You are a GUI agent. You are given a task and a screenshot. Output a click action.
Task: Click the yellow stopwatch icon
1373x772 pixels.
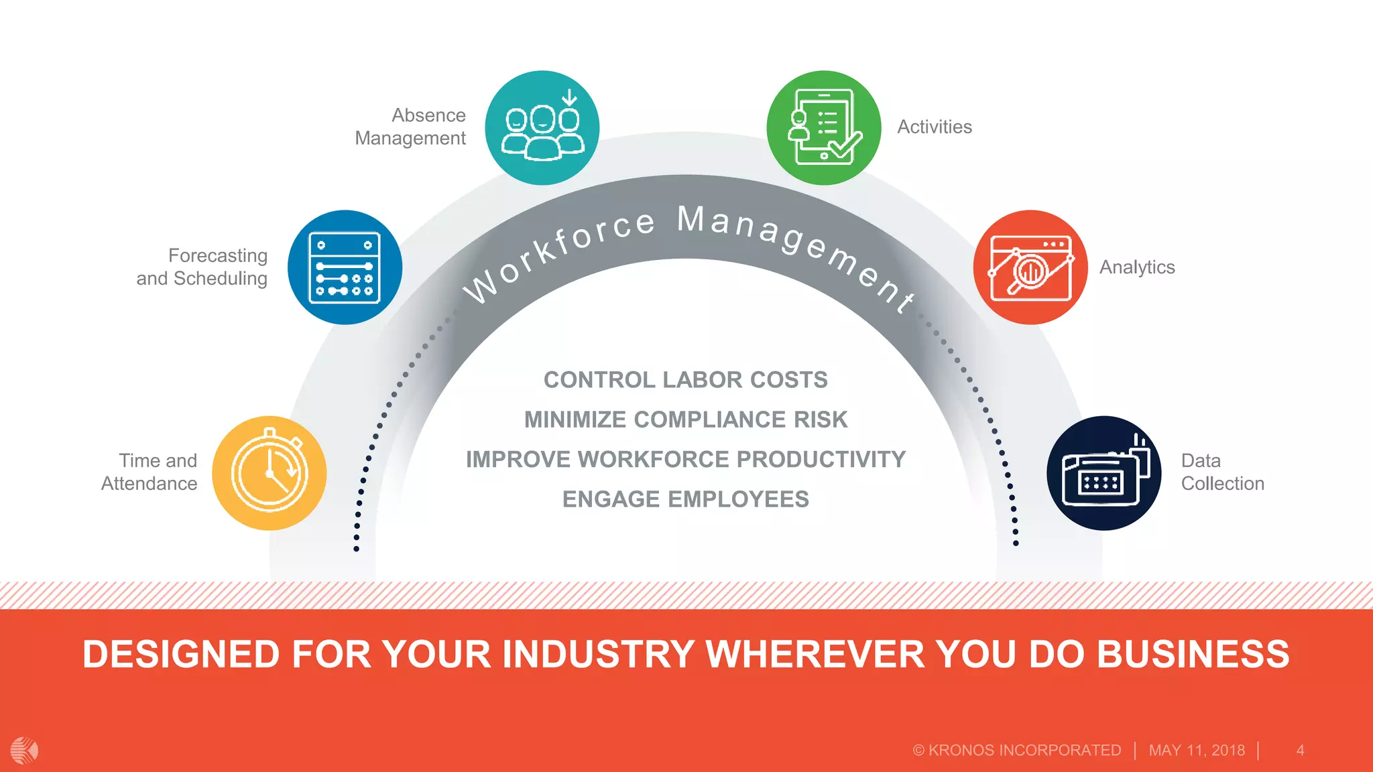click(x=270, y=473)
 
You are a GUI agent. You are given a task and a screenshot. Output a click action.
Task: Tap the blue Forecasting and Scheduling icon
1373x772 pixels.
click(x=345, y=267)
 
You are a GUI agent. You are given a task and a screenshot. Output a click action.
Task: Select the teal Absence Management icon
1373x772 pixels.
click(x=542, y=127)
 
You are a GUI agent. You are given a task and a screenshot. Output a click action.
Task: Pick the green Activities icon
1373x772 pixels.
click(x=824, y=127)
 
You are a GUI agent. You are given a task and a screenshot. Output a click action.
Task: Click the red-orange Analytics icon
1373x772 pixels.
click(x=1030, y=267)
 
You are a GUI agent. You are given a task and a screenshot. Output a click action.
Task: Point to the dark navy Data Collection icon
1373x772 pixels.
click(x=1104, y=473)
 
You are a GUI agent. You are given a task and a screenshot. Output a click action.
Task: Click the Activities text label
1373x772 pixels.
click(x=935, y=127)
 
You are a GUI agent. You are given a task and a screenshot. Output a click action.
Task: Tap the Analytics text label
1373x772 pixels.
click(x=1137, y=267)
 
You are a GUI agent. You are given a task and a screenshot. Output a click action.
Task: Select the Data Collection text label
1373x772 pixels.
click(x=1222, y=472)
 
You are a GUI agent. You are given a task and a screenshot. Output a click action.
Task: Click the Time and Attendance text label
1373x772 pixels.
click(x=150, y=472)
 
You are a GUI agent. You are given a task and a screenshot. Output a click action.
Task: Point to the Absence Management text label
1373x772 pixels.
click(x=410, y=127)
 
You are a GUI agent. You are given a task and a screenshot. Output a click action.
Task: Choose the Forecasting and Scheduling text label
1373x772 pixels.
click(x=202, y=267)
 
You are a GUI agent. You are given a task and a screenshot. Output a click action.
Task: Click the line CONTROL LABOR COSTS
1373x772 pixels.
click(x=685, y=380)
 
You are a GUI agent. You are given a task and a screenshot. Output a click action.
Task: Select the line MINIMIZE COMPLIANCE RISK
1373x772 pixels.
click(x=685, y=420)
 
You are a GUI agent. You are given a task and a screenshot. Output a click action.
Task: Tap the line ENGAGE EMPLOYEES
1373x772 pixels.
click(x=685, y=499)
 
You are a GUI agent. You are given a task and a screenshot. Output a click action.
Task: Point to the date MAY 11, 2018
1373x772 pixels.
click(x=1197, y=751)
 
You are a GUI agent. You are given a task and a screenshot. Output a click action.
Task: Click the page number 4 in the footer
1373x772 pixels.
click(x=1300, y=751)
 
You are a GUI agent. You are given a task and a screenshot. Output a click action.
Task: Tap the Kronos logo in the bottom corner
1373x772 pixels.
click(x=25, y=750)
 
